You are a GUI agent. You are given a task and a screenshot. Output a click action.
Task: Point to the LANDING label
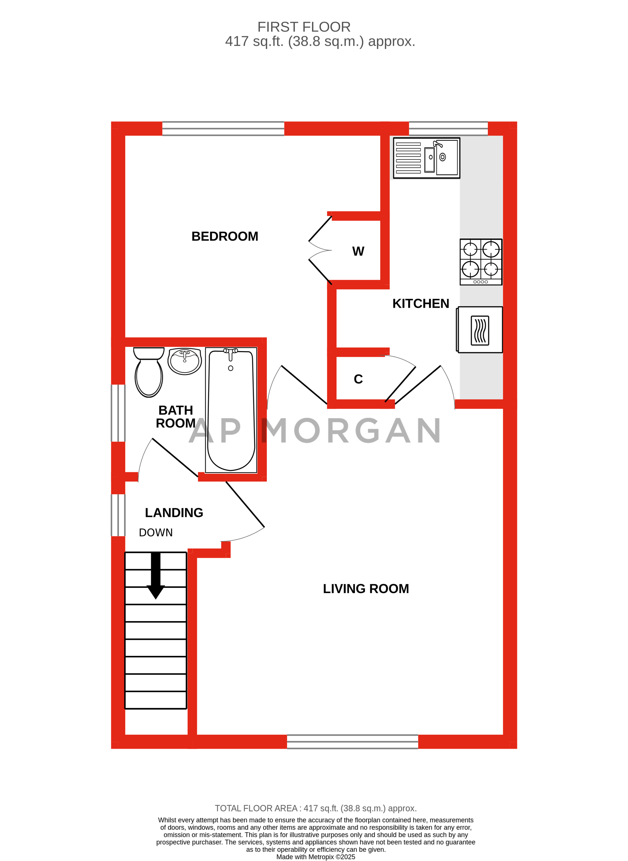[174, 512]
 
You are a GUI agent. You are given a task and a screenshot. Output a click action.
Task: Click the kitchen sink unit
[426, 158]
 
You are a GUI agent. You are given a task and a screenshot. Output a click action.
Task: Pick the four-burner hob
[481, 262]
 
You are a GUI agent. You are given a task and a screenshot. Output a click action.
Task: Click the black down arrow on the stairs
[156, 575]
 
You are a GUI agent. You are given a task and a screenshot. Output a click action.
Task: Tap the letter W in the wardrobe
[358, 251]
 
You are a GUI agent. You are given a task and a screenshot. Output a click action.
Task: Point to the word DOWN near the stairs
[156, 533]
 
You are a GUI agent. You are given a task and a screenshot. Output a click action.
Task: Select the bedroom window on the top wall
[223, 128]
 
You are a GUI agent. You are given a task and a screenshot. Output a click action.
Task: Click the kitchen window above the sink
[448, 128]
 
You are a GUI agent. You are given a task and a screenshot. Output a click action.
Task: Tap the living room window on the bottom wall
[352, 742]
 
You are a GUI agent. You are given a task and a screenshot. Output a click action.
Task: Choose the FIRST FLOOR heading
[304, 27]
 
